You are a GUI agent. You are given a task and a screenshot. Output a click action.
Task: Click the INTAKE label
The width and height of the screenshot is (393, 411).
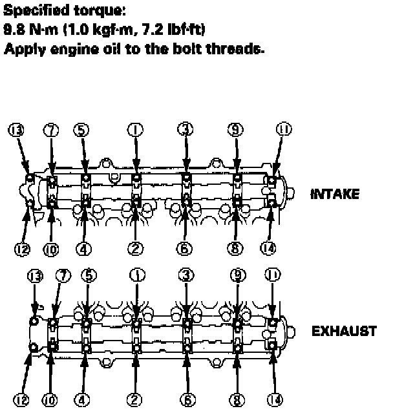(x=335, y=193)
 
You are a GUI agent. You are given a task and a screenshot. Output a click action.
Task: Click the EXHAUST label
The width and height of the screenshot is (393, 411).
(x=344, y=332)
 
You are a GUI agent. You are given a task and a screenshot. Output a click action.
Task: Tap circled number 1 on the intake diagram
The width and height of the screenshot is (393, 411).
(x=136, y=129)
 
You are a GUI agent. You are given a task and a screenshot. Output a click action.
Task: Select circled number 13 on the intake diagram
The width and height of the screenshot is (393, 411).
(x=15, y=131)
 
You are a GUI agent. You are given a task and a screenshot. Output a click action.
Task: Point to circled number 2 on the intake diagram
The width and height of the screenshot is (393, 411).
(x=136, y=247)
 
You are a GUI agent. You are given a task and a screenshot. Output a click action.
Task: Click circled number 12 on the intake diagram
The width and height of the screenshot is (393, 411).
(x=21, y=247)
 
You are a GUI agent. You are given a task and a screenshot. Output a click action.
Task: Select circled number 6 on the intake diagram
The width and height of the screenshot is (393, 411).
(x=186, y=247)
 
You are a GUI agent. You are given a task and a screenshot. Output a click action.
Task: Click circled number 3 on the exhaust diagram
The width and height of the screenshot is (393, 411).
(x=186, y=275)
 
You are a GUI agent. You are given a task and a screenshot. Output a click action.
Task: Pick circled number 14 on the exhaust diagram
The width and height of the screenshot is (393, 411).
(x=275, y=401)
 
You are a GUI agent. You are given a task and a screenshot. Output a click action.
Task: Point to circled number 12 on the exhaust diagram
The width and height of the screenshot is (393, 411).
(x=21, y=401)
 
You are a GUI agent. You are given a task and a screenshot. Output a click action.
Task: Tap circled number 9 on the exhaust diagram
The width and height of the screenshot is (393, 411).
(x=237, y=275)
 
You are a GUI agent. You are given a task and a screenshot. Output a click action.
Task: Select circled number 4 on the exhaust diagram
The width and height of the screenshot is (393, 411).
(x=82, y=401)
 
